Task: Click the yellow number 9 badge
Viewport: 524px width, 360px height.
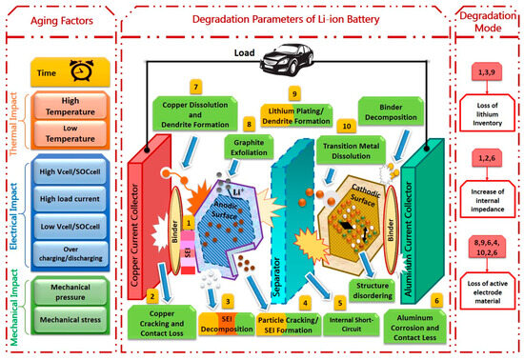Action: point(294,93)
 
